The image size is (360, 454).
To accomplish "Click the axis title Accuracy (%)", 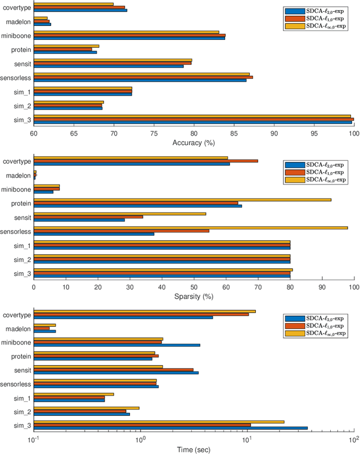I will pos(193,142).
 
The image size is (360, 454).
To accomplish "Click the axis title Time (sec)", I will pos(193,449).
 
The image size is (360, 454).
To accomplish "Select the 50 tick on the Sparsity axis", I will pos(194,286).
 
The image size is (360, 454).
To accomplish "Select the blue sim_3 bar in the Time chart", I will pos(170,428).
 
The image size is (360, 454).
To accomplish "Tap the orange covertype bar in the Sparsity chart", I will pos(146,161).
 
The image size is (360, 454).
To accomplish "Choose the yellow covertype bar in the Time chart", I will pos(145,311).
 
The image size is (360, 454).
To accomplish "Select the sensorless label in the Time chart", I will pos(17,384).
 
